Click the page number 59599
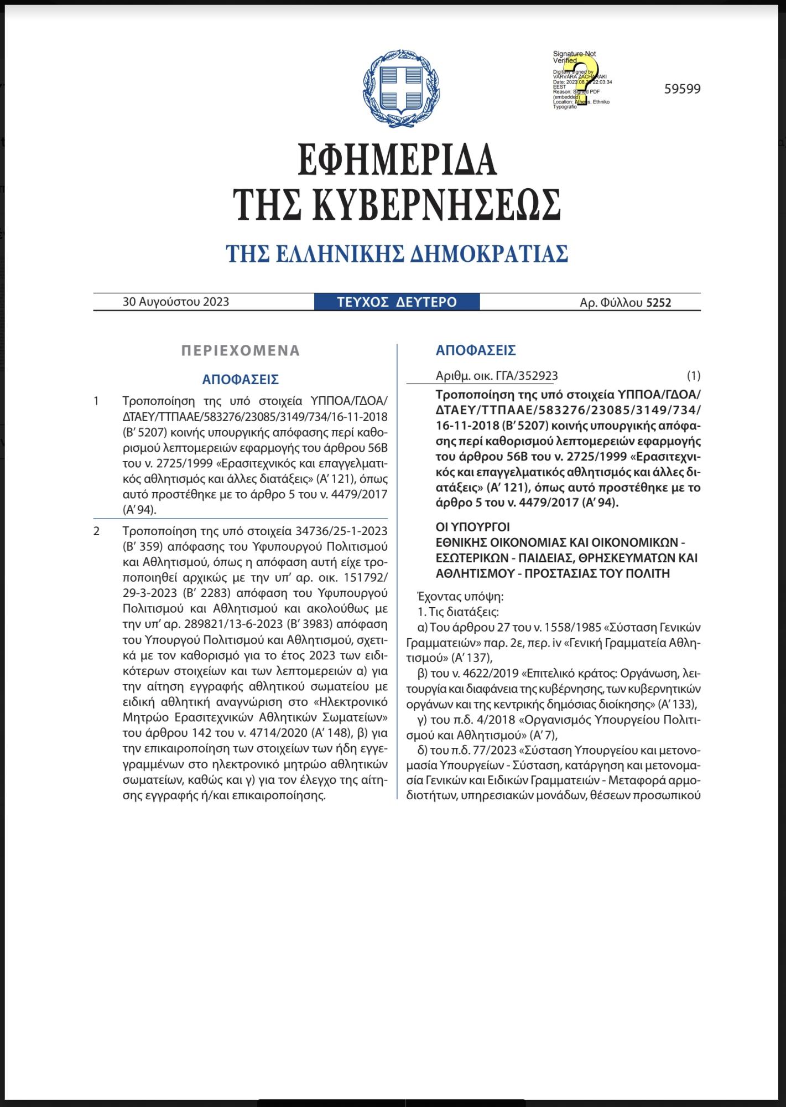(682, 89)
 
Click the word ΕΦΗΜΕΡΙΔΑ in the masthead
(397, 159)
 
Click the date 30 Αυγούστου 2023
(176, 302)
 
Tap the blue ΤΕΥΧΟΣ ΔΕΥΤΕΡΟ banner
(397, 302)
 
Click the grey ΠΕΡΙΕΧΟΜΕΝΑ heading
(241, 350)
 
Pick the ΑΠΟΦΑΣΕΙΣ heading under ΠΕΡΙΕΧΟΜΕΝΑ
(240, 380)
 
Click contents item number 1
(97, 401)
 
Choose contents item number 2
(97, 531)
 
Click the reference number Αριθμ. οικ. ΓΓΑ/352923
(497, 376)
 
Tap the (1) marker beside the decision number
(693, 376)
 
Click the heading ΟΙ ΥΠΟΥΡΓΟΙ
(473, 526)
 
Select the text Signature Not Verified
(574, 57)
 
